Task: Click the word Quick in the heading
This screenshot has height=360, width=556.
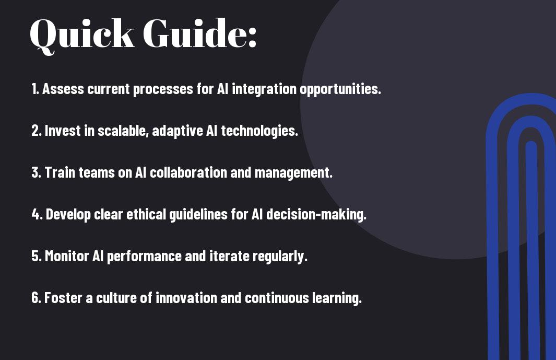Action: tap(82, 35)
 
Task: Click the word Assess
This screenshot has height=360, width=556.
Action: tap(63, 89)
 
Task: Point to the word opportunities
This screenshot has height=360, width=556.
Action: tap(340, 89)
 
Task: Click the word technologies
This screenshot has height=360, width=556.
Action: tap(259, 131)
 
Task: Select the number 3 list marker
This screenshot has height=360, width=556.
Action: tap(36, 172)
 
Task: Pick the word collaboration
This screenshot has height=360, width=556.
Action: tap(188, 172)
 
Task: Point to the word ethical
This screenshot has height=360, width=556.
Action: tap(146, 214)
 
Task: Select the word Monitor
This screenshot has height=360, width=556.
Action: tap(67, 256)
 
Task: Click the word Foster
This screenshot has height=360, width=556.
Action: tap(63, 298)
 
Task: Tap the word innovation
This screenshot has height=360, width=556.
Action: tap(186, 298)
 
